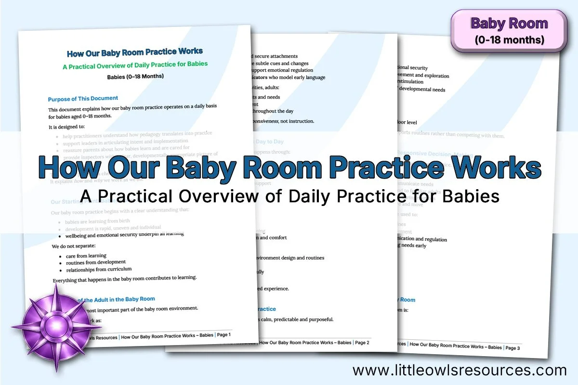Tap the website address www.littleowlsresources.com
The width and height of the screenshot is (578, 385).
[460, 370]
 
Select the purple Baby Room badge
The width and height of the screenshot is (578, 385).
[509, 31]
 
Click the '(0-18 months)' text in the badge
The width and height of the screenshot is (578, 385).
[509, 39]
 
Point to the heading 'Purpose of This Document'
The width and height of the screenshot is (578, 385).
[83, 99]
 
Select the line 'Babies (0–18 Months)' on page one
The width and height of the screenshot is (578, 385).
[135, 77]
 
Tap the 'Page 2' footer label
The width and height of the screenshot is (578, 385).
[362, 343]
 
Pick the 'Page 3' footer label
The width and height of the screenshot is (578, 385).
[512, 347]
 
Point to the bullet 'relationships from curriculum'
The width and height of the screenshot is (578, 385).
[99, 269]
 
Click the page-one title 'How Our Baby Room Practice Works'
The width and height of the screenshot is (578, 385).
[135, 52]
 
